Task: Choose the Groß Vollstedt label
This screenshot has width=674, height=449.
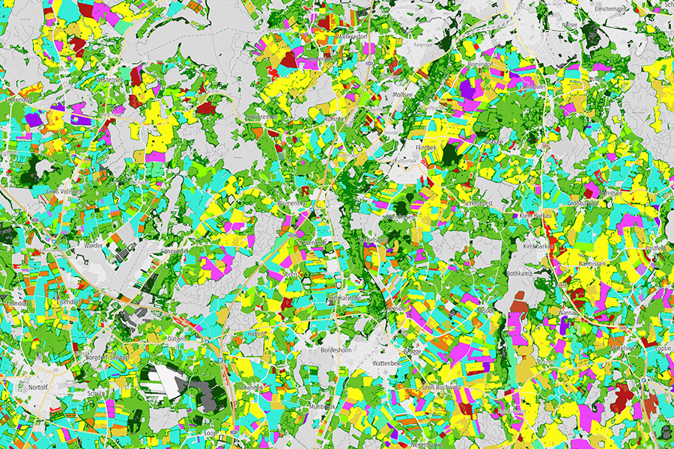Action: [64, 192]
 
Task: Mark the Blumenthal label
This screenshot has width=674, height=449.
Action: [293, 204]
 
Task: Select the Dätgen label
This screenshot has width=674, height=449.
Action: [177, 338]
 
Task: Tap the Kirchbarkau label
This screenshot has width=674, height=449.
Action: [538, 245]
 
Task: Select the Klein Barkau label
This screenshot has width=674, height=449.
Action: [535, 216]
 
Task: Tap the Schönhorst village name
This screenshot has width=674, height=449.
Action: [479, 204]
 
